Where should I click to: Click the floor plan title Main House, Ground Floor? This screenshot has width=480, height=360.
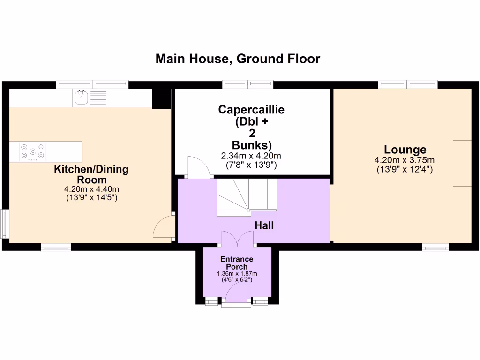pos(238,59)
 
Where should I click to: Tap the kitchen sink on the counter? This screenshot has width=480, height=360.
pos(80,98)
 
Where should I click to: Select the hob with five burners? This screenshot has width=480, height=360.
pos(33,151)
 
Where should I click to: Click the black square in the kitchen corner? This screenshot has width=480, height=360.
pos(161,98)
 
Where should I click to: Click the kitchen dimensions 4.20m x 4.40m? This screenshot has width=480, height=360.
pos(91,190)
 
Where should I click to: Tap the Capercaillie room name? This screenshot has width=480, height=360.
pos(251,110)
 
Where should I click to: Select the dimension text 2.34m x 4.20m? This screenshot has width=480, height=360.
pos(251,156)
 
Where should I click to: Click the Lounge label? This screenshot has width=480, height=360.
pos(405,150)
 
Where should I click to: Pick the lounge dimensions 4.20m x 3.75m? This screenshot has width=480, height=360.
pos(405,160)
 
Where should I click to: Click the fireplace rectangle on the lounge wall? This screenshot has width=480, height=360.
pos(462,163)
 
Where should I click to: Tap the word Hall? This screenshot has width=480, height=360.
pos(264,225)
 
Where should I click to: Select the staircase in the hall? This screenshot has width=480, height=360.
pos(247,197)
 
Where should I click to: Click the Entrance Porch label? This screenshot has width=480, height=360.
pos(237,263)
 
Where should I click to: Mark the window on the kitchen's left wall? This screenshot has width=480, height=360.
pos(5,224)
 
